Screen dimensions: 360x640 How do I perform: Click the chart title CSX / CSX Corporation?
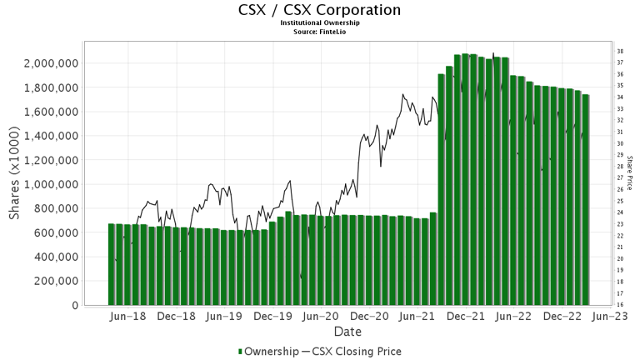[x=320, y=10]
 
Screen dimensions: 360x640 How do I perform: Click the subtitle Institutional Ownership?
[x=320, y=23]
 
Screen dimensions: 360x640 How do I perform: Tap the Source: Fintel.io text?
[x=320, y=32]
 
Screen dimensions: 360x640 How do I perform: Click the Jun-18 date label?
[x=128, y=317]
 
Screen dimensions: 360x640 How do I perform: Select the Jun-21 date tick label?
[x=418, y=317]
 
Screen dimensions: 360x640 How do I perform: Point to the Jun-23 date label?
[x=611, y=317]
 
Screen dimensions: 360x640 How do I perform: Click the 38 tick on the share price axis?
[x=620, y=52]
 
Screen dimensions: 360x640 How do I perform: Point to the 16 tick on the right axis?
[x=620, y=305]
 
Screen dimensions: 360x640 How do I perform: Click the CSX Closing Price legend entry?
[x=356, y=351]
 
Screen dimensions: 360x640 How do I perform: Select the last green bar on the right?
[x=586, y=200]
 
